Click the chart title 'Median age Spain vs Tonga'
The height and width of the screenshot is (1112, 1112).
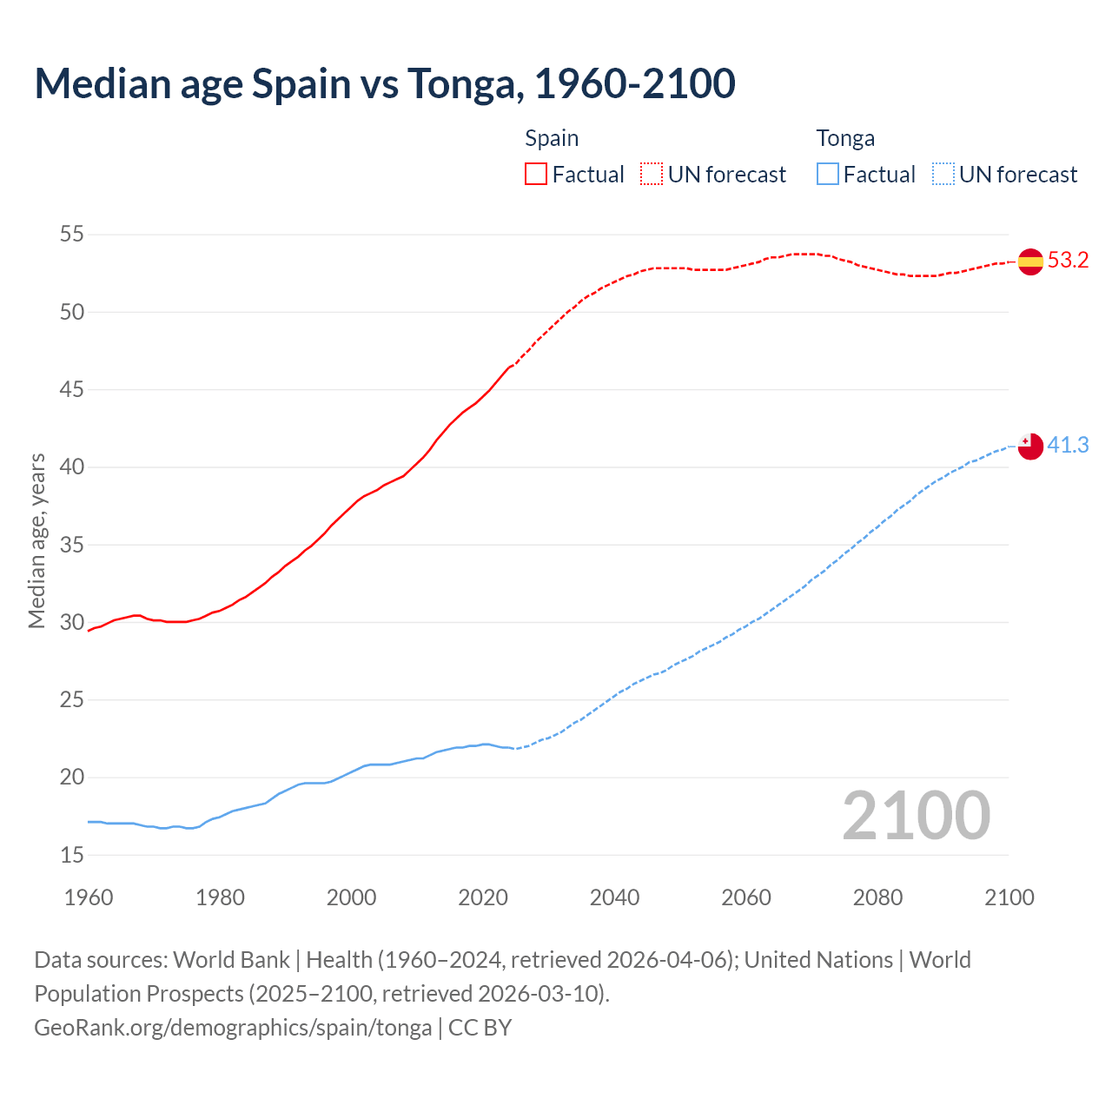[385, 83]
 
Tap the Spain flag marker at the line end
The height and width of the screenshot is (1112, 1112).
[1030, 261]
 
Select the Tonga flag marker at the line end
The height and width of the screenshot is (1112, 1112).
[1030, 446]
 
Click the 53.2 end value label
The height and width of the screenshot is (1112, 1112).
[1068, 261]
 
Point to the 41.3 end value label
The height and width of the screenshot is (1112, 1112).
[1068, 445]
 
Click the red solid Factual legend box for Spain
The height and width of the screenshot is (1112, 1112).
[536, 174]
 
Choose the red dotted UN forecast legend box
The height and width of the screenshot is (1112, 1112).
[652, 174]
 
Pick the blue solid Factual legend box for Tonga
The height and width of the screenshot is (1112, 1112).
[828, 174]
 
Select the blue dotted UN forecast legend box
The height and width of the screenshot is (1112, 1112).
[943, 174]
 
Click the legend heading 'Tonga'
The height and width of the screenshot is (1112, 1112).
[845, 138]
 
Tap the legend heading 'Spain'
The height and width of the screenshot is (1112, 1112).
[552, 138]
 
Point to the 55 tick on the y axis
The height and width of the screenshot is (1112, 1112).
[72, 234]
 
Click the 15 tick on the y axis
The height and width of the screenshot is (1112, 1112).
[72, 855]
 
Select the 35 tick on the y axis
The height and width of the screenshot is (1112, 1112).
[72, 545]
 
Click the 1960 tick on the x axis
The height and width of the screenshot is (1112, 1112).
[89, 897]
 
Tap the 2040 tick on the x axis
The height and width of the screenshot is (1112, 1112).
[614, 897]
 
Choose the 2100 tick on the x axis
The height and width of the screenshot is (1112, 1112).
[1009, 897]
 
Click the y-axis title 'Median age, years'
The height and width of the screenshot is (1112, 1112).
[36, 540]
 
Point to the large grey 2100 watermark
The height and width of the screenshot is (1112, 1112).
[916, 815]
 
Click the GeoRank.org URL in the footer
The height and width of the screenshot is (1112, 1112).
[233, 1028]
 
